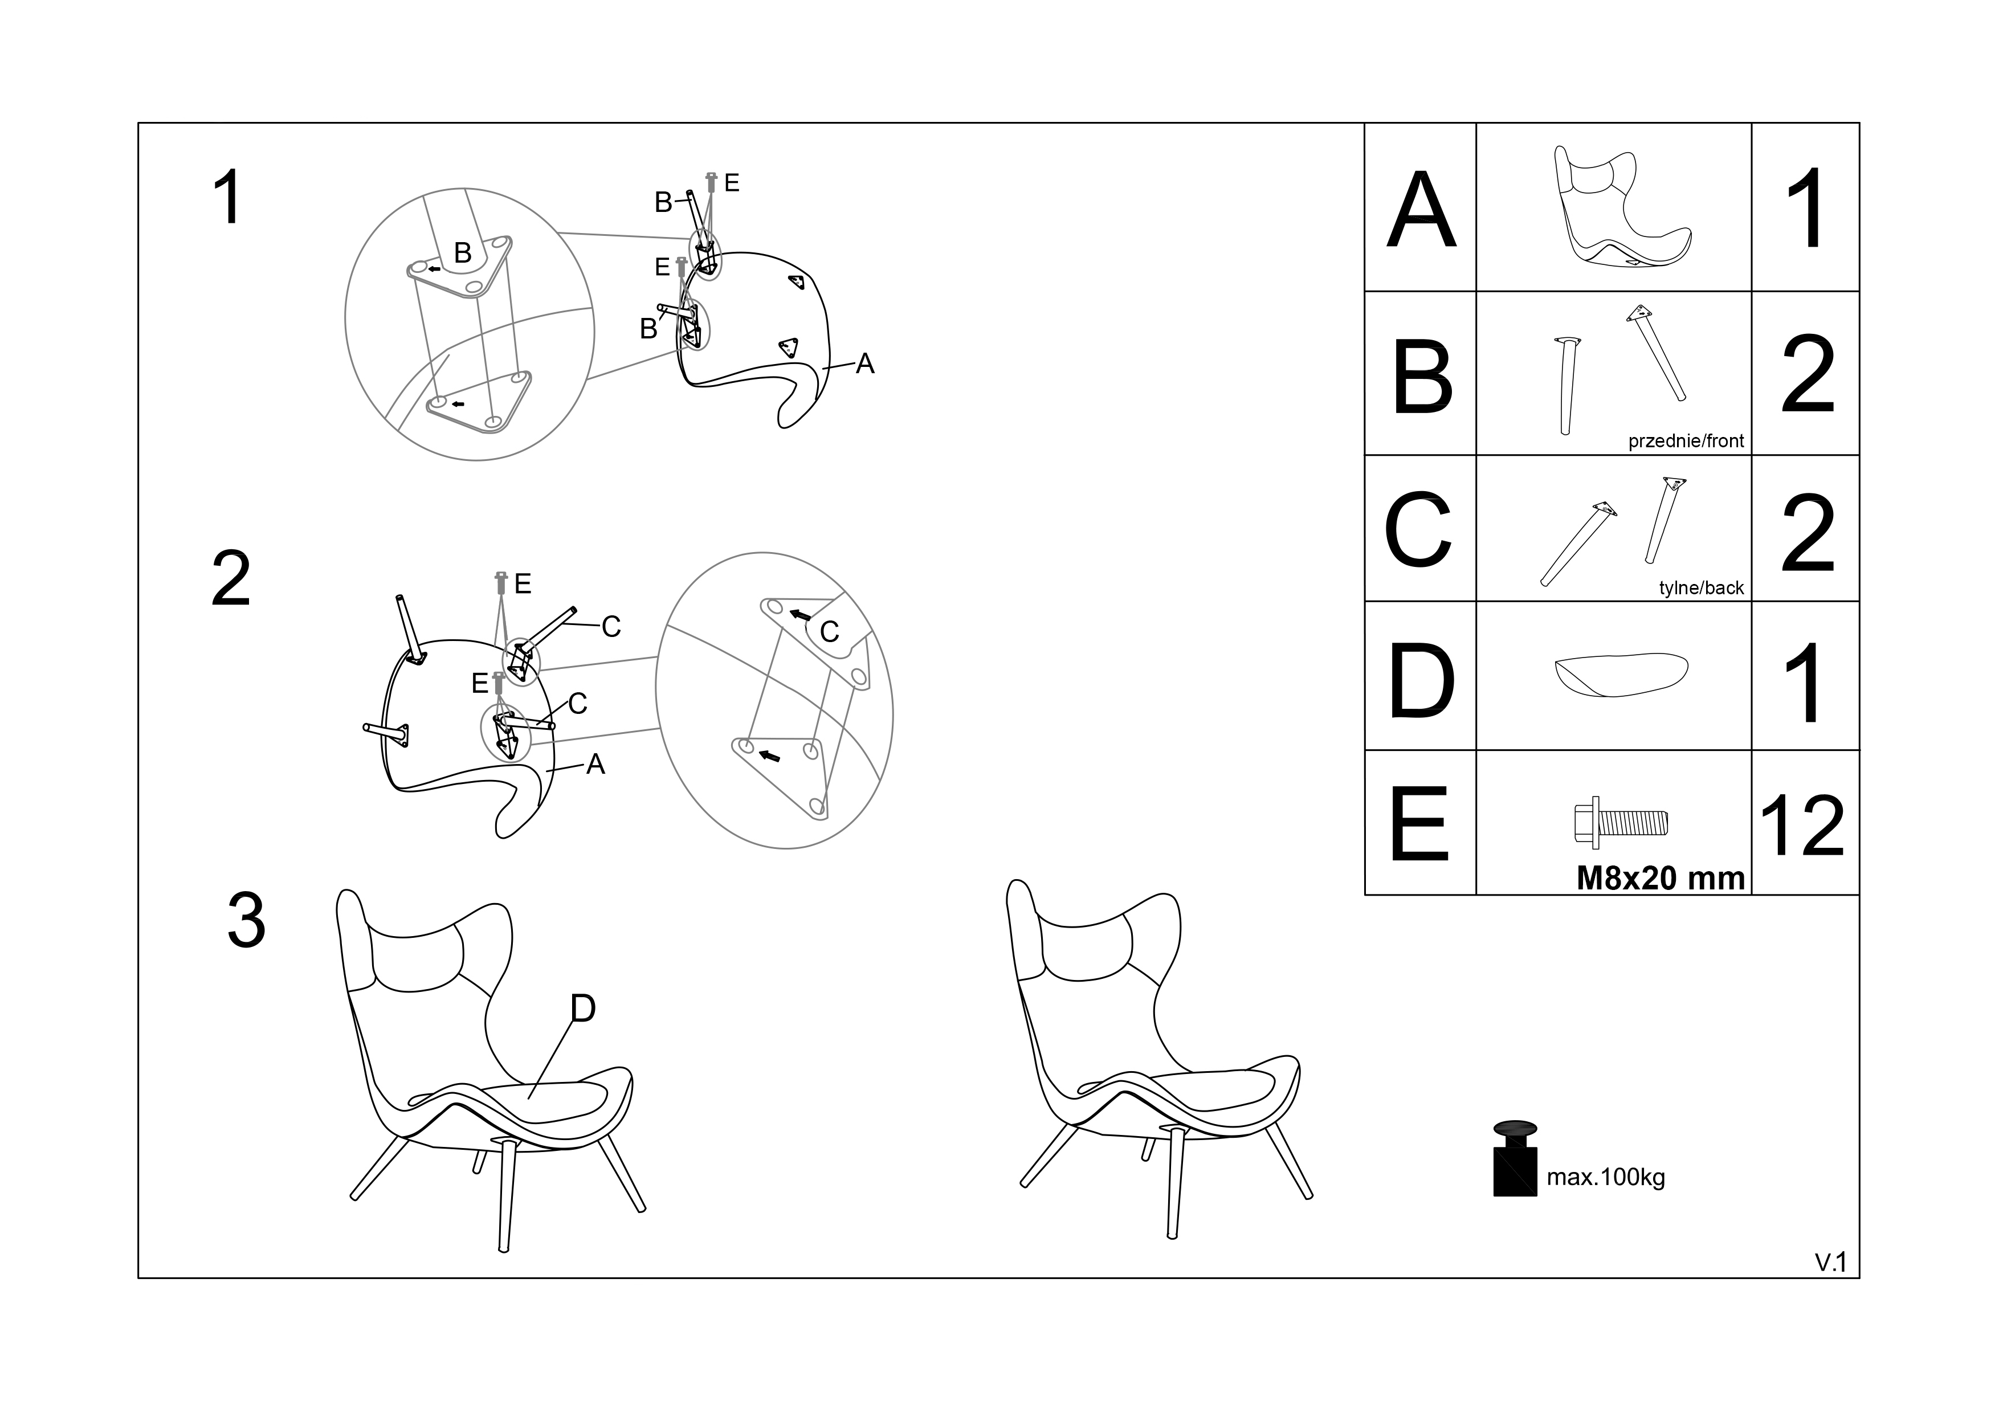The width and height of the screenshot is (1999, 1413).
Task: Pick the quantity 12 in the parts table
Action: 1802,826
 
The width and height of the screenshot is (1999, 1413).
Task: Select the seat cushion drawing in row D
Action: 1621,674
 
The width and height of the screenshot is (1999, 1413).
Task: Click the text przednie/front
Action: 1686,442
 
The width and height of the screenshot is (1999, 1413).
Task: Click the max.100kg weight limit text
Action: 1605,1178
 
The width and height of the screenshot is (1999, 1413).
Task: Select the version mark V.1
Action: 1830,1263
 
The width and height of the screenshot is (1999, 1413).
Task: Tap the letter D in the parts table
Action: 1421,681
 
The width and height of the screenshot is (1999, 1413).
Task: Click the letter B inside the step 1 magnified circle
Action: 462,254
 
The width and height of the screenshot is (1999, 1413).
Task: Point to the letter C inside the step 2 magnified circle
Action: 829,632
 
